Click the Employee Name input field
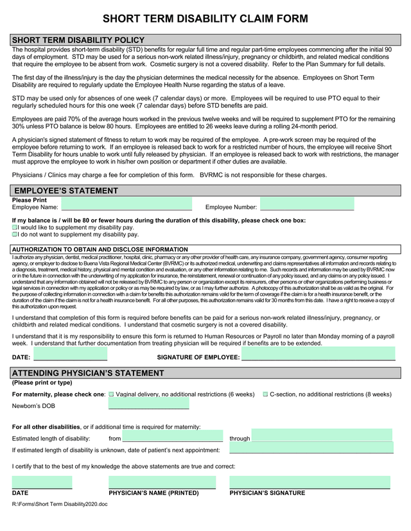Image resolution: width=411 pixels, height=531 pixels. pos(126,206)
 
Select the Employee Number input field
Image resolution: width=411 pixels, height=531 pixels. pos(307,205)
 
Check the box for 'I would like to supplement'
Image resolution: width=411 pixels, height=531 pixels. pos(15,228)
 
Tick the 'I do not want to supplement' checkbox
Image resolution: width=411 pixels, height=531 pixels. pos(15,235)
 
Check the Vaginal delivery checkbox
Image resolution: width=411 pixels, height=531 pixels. pos(111,394)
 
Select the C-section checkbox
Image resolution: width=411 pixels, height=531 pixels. pos(265,394)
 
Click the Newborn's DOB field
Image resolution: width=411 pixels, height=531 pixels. pos(148,404)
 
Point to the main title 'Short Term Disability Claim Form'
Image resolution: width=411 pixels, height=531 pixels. pos(205,19)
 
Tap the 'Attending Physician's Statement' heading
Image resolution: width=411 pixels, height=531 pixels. pos(88,373)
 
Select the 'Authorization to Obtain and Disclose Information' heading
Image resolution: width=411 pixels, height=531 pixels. pos(100,249)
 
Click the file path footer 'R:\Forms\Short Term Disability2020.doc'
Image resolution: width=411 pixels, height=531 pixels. pos(60,505)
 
